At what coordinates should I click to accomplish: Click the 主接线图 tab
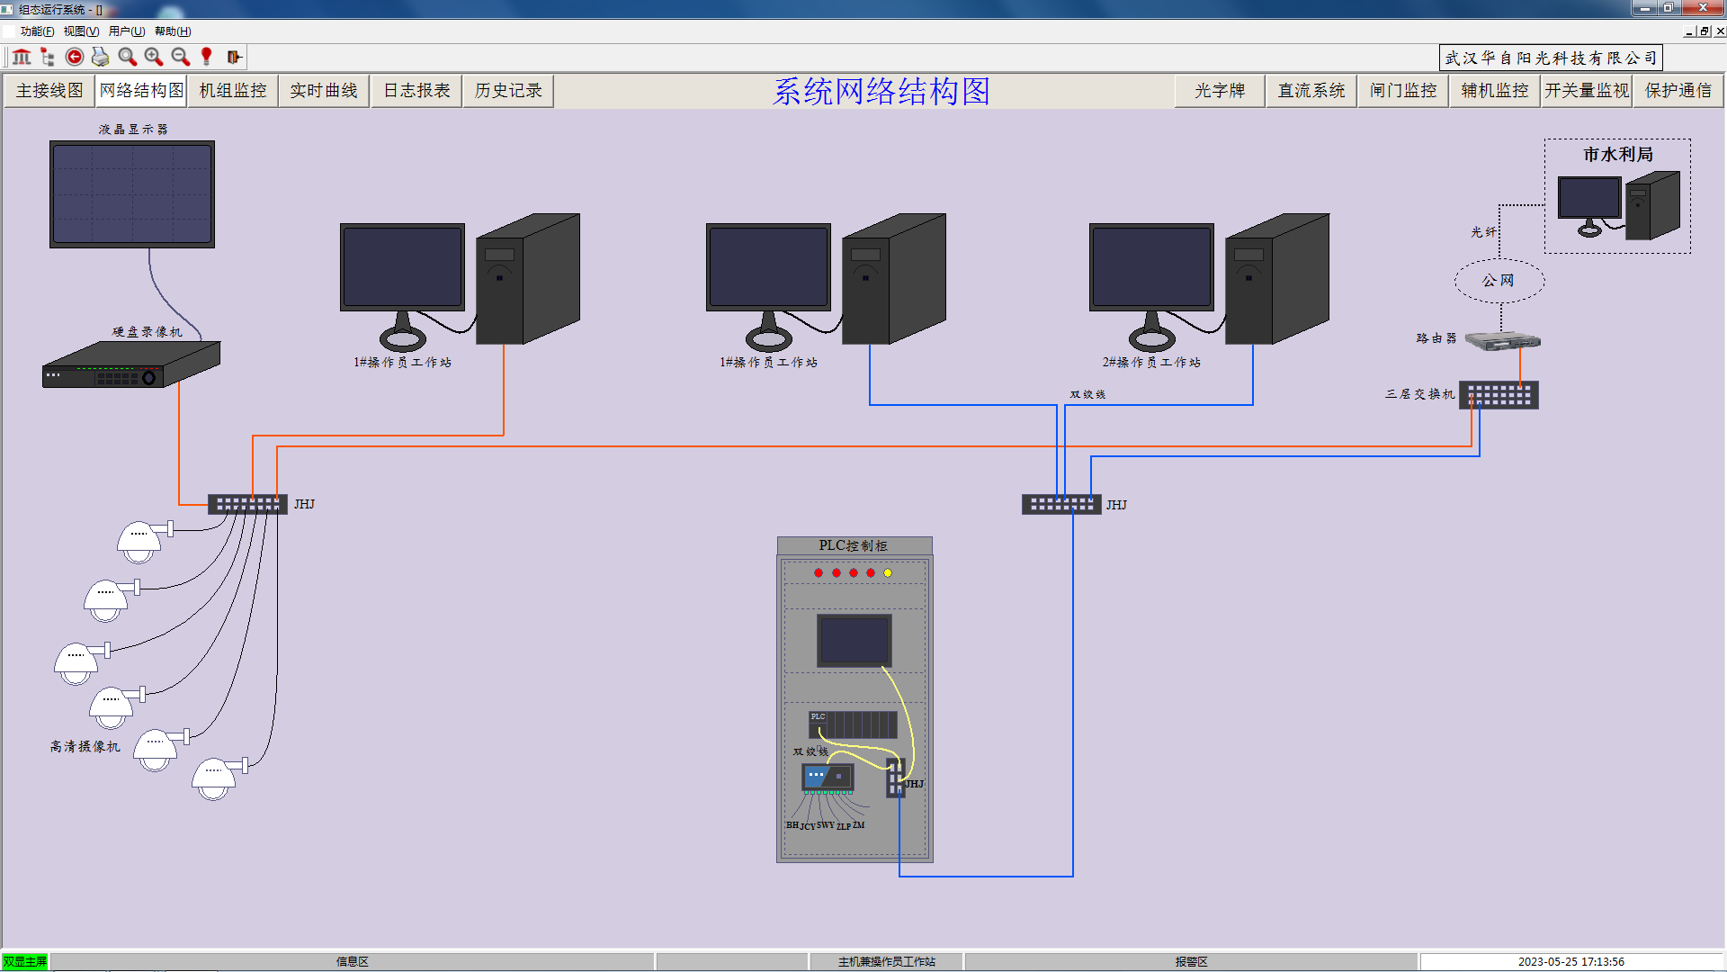click(49, 91)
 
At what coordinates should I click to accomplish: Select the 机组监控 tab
click(233, 91)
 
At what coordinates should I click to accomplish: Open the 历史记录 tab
click(508, 91)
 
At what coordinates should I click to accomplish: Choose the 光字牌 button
click(1220, 91)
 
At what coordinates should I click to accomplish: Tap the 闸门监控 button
click(1403, 91)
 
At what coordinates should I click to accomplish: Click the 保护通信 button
click(1678, 91)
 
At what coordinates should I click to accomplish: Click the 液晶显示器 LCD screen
click(132, 193)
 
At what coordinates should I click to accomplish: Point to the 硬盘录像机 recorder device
click(131, 365)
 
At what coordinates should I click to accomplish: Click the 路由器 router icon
click(1502, 340)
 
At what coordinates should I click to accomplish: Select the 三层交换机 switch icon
click(1499, 395)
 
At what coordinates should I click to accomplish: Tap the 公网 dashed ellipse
click(1499, 281)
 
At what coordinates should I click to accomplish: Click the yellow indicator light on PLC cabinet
click(888, 573)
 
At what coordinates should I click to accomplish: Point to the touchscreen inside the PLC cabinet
click(855, 640)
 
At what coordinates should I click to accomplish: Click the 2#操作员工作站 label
click(1151, 363)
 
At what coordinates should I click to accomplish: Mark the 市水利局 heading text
click(1618, 155)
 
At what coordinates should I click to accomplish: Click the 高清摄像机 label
click(85, 747)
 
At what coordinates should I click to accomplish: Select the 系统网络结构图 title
click(881, 92)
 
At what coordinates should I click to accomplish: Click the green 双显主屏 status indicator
click(25, 962)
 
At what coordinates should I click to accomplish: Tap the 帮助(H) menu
click(173, 31)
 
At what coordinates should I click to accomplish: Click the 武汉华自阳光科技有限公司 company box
click(1551, 58)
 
